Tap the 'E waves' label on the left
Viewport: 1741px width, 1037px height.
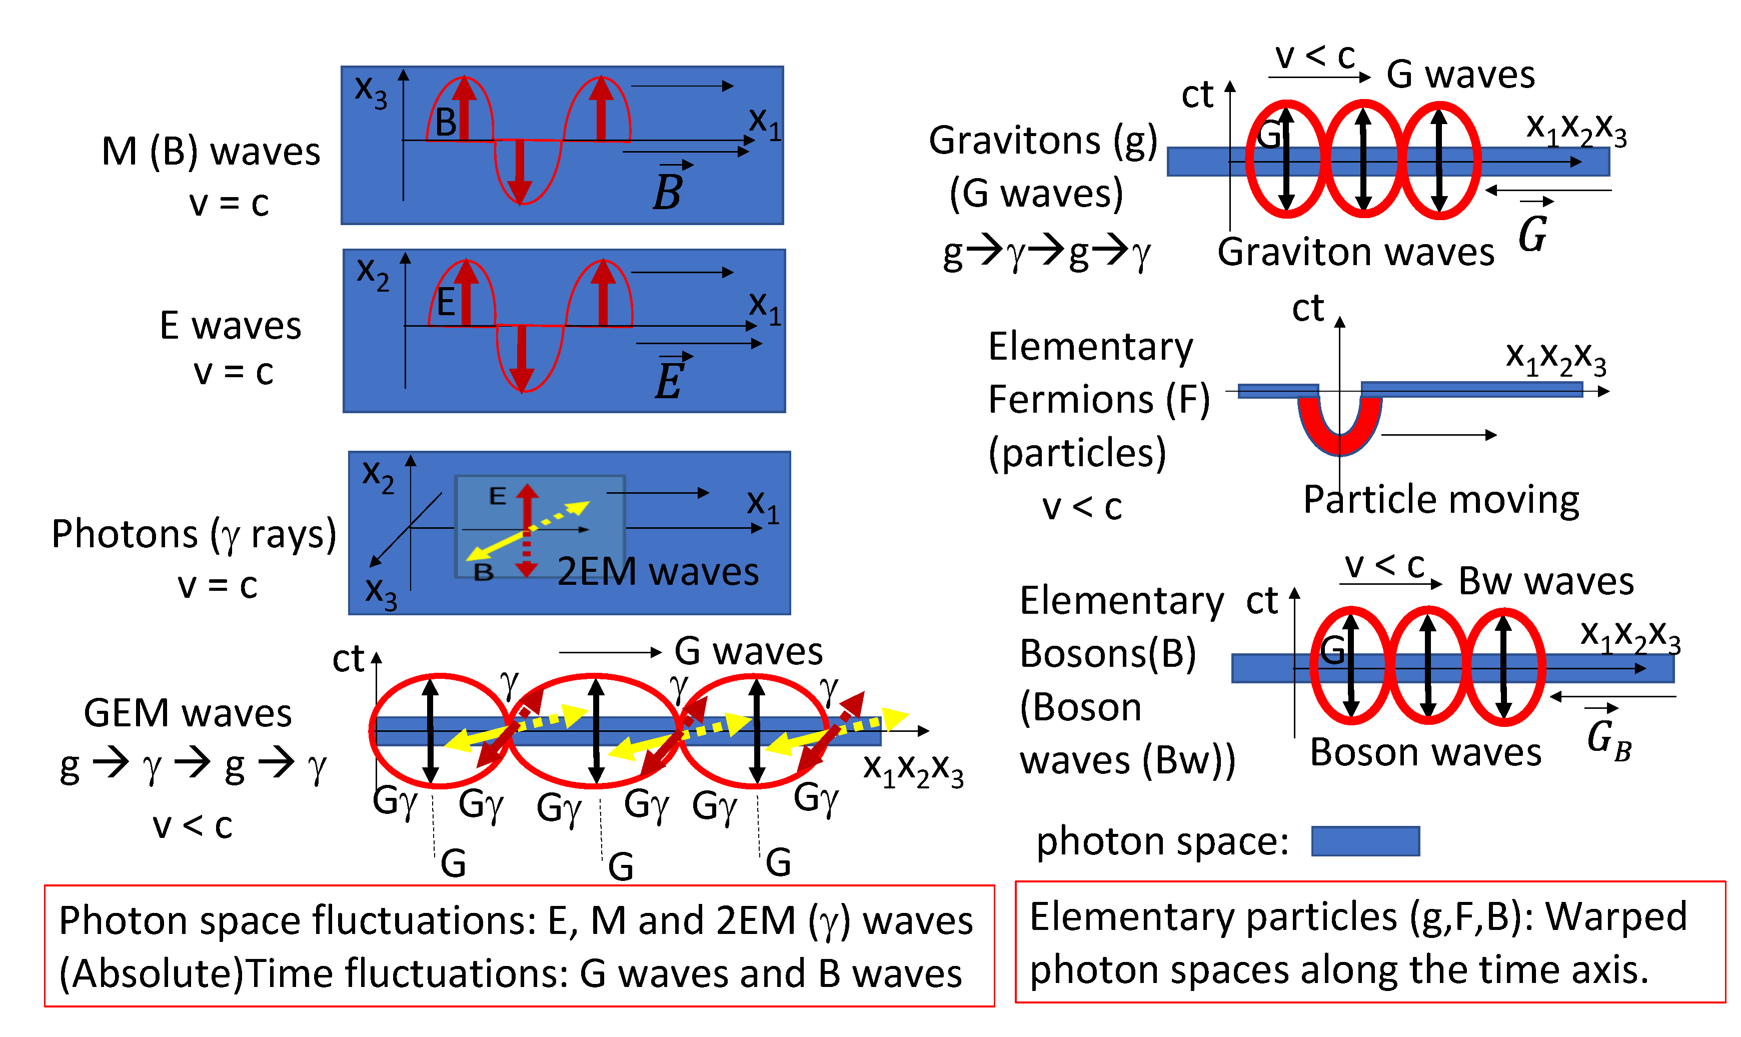[x=231, y=326]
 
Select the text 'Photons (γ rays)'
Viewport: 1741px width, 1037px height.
[x=194, y=535]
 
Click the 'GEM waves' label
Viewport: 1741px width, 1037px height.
[x=187, y=713]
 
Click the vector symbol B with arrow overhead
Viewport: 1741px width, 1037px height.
[x=669, y=189]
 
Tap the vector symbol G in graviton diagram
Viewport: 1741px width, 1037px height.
[x=1533, y=231]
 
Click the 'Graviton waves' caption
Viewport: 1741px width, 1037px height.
[x=1355, y=252]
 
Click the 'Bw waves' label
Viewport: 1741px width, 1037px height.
[x=1546, y=581]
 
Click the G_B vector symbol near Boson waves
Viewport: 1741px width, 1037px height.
[x=1607, y=739]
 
